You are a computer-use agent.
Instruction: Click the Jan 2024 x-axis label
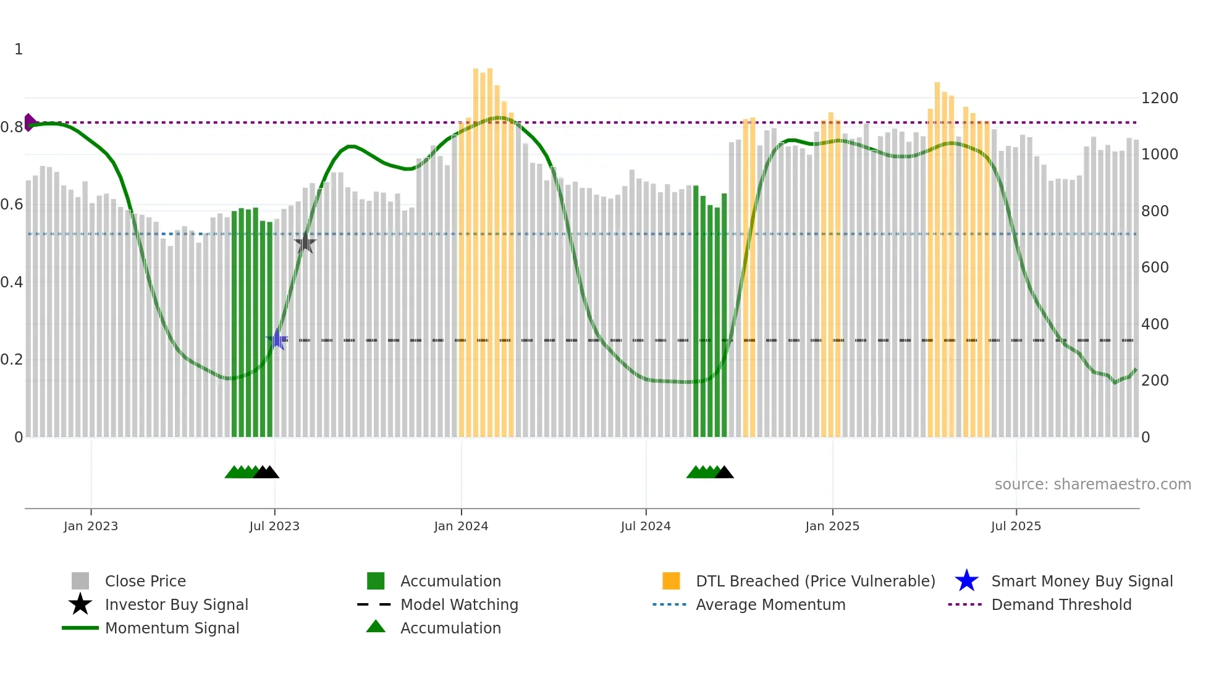[x=461, y=526]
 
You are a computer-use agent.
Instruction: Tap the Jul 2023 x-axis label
[x=274, y=526]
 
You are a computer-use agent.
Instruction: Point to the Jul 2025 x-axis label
[x=1016, y=526]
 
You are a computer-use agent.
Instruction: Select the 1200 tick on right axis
[x=1159, y=98]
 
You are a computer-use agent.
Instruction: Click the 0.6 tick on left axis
[x=11, y=205]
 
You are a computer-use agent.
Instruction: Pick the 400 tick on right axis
[x=1155, y=324]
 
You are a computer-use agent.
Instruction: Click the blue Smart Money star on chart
[x=277, y=339]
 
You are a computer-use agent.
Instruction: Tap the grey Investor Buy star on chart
[x=305, y=243]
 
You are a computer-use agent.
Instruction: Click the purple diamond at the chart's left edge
[x=29, y=122]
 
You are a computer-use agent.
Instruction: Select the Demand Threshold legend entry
[x=1061, y=604]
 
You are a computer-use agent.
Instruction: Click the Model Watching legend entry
[x=458, y=604]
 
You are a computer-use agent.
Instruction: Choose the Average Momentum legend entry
[x=770, y=604]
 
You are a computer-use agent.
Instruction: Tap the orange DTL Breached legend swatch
[x=671, y=581]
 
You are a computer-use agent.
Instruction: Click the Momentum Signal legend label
[x=172, y=628]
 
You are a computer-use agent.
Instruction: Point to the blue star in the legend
[x=966, y=581]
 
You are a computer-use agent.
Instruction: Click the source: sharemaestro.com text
[x=1092, y=484]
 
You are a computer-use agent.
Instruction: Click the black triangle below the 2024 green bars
[x=724, y=473]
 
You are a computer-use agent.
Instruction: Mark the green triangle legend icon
[x=376, y=627]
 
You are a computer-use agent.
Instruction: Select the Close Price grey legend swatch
[x=80, y=581]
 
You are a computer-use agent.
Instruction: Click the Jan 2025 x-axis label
[x=832, y=526]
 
